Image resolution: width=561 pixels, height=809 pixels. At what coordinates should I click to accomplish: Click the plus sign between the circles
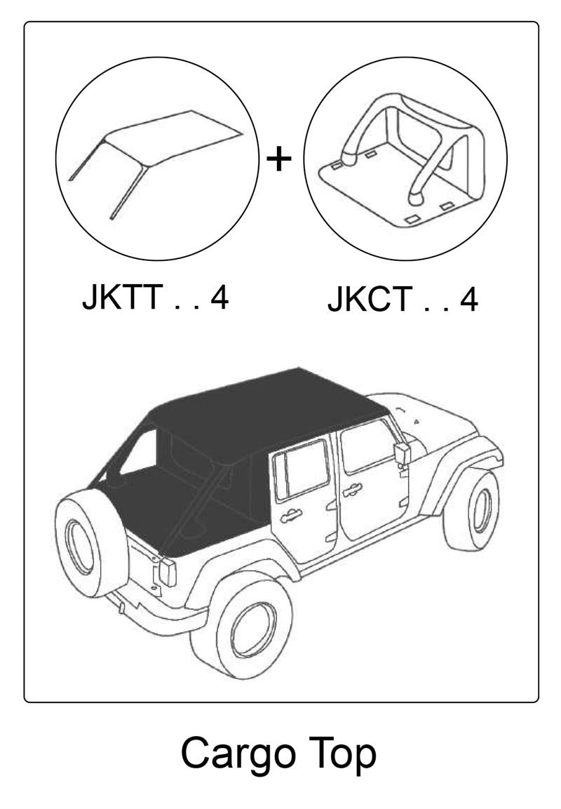[x=280, y=159]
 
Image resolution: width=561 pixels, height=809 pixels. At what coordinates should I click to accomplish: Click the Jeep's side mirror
[x=403, y=453]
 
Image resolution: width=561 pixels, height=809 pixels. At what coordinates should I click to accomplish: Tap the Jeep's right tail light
[x=168, y=572]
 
